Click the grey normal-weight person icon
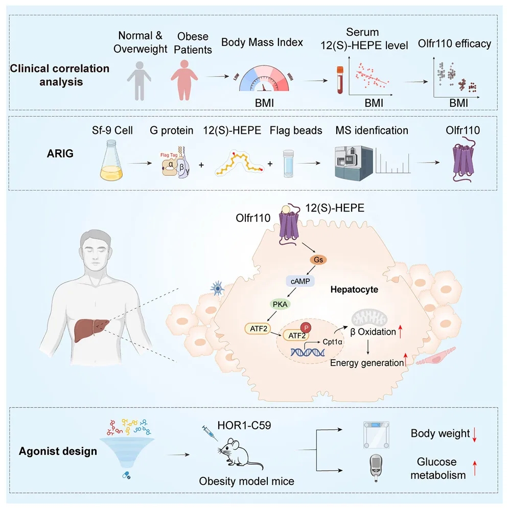pos(140,80)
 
